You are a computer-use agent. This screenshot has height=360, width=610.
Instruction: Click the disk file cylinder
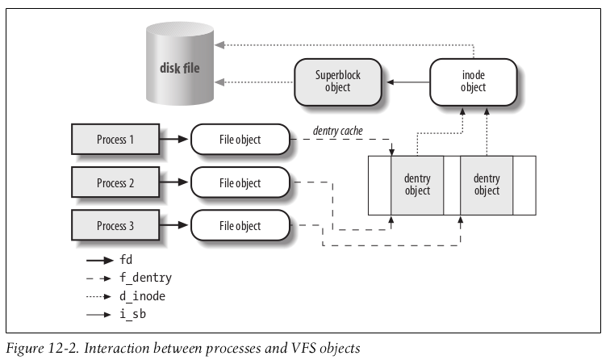coord(180,64)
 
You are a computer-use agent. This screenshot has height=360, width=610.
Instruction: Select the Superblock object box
coord(337,82)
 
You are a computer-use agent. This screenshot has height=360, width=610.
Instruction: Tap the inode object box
coord(473,82)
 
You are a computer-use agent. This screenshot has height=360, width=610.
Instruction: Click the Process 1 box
coord(115,140)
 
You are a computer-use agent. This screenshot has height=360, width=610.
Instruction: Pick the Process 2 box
coord(115,182)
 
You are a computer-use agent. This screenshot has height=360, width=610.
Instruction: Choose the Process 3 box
coord(115,225)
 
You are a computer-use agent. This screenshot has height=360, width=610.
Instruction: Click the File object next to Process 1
coord(240,140)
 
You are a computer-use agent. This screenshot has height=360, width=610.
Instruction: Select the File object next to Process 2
coord(240,182)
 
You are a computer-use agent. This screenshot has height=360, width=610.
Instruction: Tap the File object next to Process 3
coord(240,225)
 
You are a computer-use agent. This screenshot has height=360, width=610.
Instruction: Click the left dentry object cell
coord(417,186)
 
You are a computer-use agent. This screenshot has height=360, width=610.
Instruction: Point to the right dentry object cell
coord(487,186)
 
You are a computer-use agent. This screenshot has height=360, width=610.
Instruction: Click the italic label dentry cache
coord(337,131)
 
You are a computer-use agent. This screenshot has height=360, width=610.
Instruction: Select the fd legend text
coord(126,260)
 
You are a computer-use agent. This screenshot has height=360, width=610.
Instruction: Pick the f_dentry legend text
coord(145,278)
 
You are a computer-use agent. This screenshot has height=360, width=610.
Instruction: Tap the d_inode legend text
coord(142,296)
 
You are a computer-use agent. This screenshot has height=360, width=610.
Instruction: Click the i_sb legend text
coord(132,314)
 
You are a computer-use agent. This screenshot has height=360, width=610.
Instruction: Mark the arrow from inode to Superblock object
coord(408,82)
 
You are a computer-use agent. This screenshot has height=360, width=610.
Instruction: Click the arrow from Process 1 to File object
coord(174,139)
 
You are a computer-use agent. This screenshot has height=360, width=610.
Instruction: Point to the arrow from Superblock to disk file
coord(254,82)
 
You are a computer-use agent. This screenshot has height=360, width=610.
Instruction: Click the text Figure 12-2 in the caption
coord(44,348)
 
